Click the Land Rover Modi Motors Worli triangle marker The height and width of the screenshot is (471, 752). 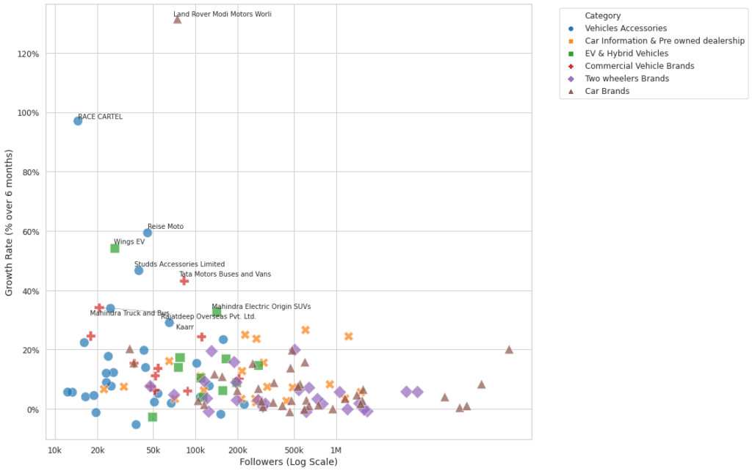click(177, 19)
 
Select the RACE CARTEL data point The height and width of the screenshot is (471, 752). click(78, 121)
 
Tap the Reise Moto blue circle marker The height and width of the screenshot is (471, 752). click(148, 233)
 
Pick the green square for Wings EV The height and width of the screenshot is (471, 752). click(115, 248)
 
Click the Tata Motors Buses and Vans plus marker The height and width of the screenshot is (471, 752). click(184, 281)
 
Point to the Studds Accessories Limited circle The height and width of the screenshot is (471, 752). click(139, 271)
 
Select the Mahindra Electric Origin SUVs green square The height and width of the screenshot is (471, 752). click(217, 313)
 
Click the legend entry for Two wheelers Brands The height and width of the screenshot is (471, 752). click(626, 78)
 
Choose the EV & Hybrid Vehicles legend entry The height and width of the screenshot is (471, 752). click(626, 54)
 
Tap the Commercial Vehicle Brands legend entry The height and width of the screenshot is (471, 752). click(639, 66)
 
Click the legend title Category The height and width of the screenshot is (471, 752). click(602, 15)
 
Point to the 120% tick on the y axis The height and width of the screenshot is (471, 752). click(27, 54)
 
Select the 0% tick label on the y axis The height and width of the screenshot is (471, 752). click(32, 409)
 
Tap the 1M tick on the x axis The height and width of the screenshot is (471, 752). click(336, 449)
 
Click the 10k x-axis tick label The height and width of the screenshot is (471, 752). click(54, 449)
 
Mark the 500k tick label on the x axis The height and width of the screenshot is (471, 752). click(294, 449)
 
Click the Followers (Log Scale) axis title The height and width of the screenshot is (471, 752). click(289, 461)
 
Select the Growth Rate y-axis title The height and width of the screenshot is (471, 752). click(10, 222)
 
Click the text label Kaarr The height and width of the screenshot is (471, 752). click(185, 327)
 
